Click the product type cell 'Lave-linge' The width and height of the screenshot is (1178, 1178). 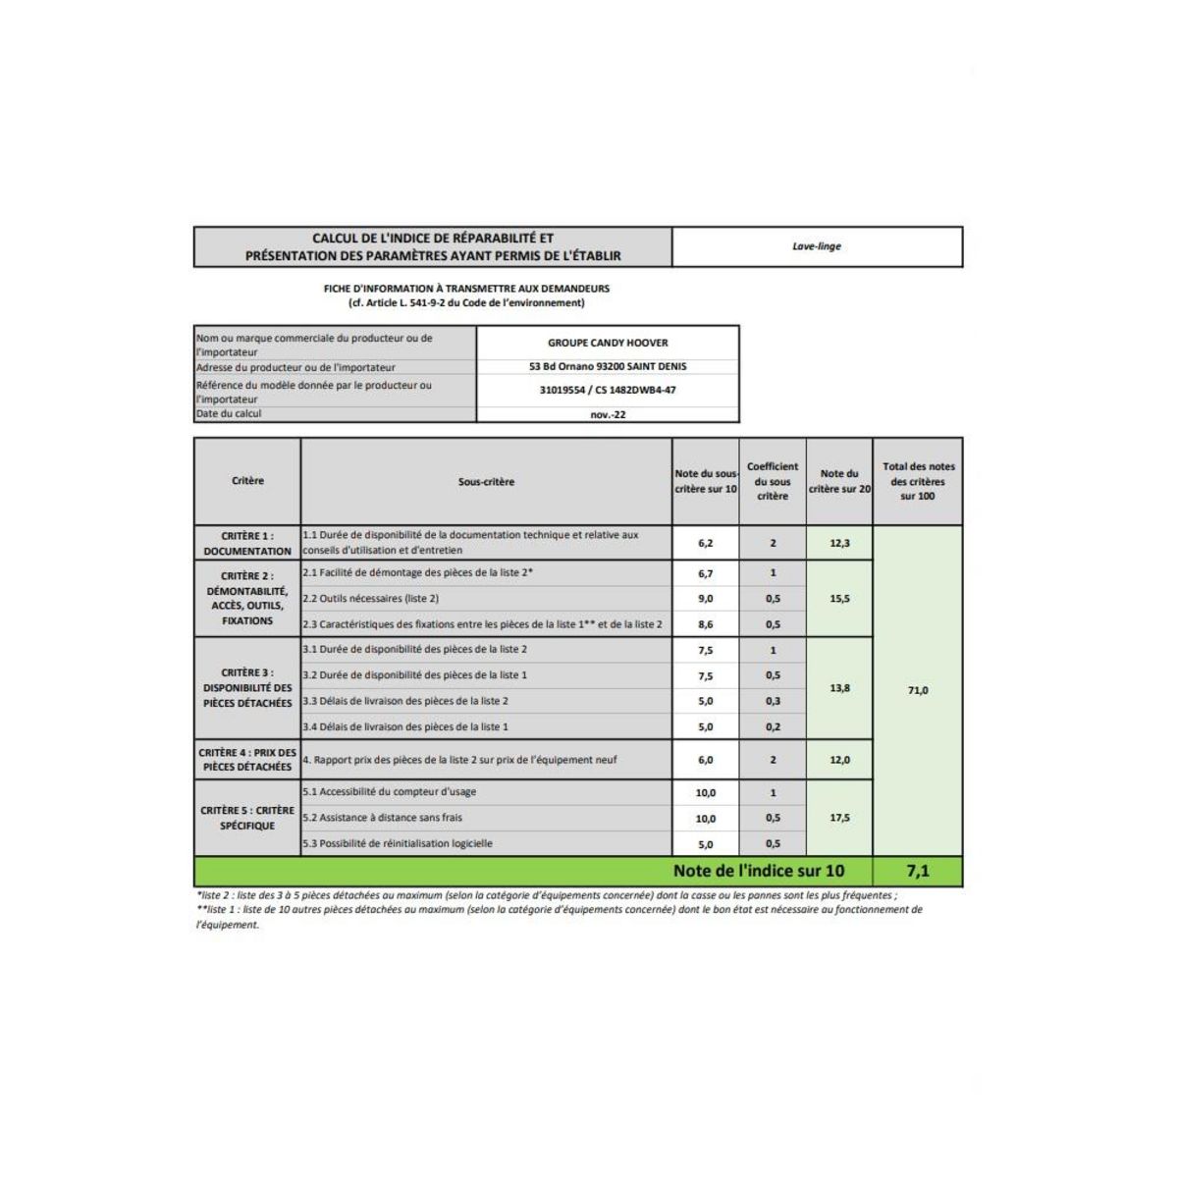tap(817, 246)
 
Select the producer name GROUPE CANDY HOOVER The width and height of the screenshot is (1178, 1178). tap(608, 343)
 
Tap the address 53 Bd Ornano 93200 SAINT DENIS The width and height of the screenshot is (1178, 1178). tap(608, 366)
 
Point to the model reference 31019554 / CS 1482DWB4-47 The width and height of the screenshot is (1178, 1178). tap(608, 390)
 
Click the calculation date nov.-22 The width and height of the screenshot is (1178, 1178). tap(608, 414)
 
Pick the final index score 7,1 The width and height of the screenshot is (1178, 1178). tap(918, 871)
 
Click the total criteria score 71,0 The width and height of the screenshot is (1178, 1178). tap(918, 690)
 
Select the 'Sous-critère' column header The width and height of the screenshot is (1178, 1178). tap(486, 482)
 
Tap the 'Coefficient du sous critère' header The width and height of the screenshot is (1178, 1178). tap(773, 481)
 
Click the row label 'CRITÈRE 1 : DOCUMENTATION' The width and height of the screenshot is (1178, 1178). tap(247, 543)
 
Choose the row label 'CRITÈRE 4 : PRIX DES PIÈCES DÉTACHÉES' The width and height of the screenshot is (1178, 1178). tap(247, 760)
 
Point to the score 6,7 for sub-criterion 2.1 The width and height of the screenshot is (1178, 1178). tap(705, 573)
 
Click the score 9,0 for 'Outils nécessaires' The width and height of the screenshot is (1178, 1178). tap(705, 599)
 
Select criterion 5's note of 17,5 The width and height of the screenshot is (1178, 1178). tap(839, 818)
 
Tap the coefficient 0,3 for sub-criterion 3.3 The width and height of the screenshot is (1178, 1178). tap(773, 701)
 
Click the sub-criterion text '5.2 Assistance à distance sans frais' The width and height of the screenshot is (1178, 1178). tap(382, 818)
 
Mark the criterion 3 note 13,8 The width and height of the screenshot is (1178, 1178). tap(839, 688)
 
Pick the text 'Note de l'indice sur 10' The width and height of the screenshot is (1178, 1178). tap(758, 871)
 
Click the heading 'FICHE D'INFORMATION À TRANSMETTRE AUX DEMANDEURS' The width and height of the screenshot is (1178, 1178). tap(466, 289)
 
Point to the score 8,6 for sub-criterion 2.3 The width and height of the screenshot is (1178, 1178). tap(705, 624)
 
